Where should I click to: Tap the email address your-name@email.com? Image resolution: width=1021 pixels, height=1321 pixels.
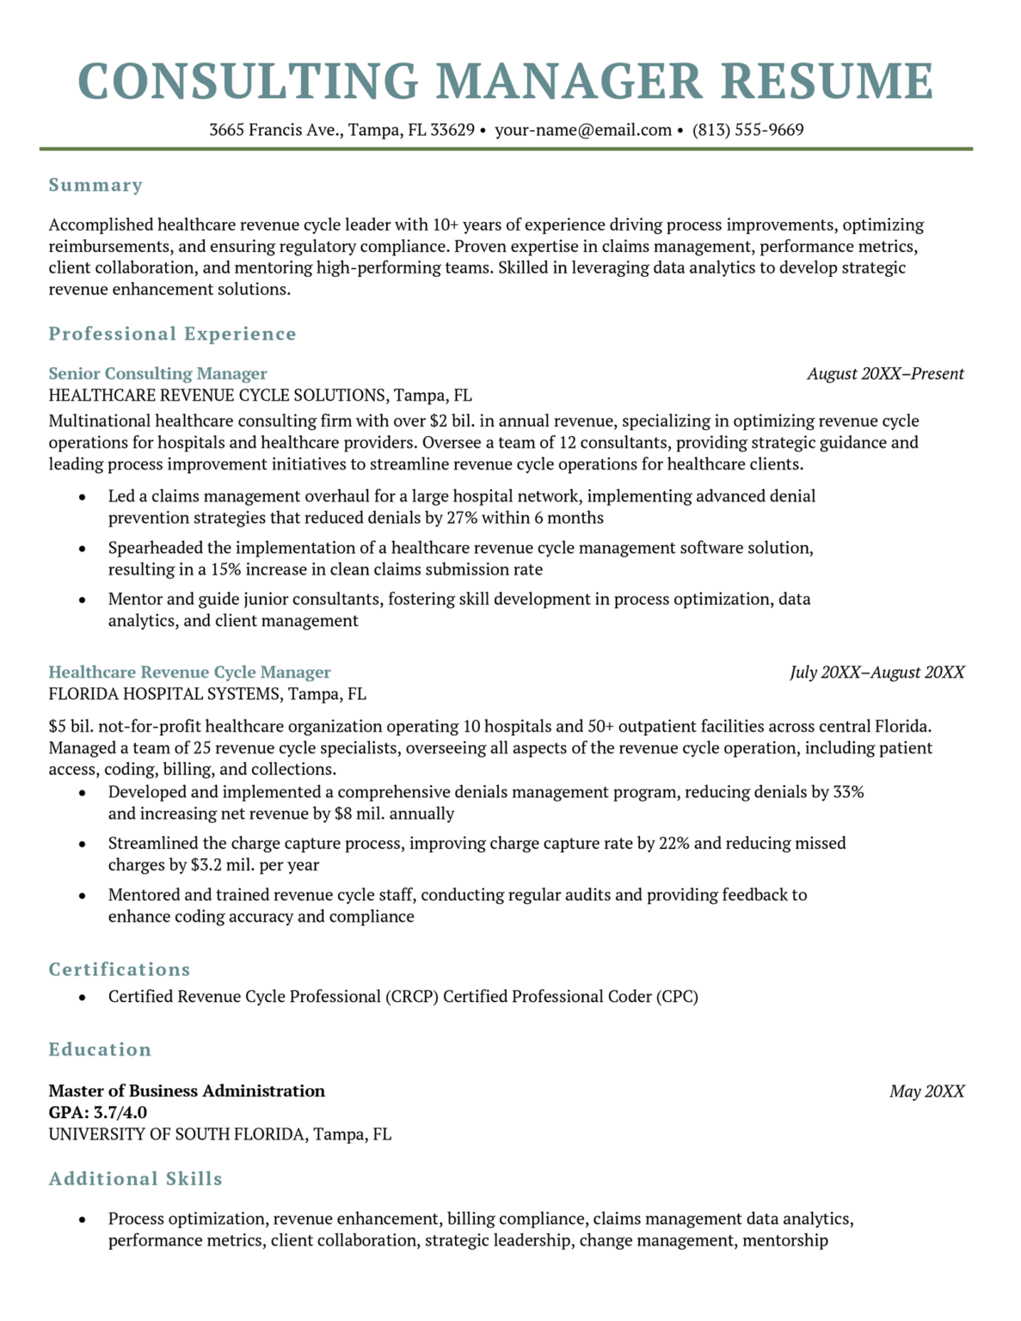pyautogui.click(x=583, y=130)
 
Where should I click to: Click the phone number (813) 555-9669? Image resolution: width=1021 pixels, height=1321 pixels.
pyautogui.click(x=747, y=130)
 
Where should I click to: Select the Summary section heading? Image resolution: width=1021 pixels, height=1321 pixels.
pyautogui.click(x=95, y=185)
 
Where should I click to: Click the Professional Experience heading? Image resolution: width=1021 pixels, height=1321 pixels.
pyautogui.click(x=172, y=334)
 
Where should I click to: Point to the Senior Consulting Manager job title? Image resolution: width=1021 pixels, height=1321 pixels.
pyautogui.click(x=157, y=373)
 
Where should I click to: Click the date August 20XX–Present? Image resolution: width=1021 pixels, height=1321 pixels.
pyautogui.click(x=885, y=373)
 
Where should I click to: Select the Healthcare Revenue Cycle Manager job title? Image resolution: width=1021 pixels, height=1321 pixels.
pyautogui.click(x=189, y=672)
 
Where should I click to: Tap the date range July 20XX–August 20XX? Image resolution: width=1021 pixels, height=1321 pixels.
pyautogui.click(x=876, y=672)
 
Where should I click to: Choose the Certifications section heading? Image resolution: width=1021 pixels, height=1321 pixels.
pyautogui.click(x=120, y=969)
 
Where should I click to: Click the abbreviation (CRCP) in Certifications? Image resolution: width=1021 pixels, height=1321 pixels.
pyautogui.click(x=412, y=997)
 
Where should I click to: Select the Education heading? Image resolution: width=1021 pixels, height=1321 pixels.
pyautogui.click(x=100, y=1049)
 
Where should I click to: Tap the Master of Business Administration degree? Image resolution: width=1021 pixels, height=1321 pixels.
pyautogui.click(x=187, y=1091)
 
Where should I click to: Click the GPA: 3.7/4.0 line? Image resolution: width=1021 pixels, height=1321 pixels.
pyautogui.click(x=97, y=1113)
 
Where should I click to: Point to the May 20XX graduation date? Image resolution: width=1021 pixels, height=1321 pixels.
pyautogui.click(x=926, y=1091)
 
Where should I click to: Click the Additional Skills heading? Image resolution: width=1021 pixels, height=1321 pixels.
pyautogui.click(x=135, y=1178)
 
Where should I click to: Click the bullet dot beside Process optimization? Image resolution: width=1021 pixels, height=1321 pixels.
pyautogui.click(x=83, y=1220)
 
